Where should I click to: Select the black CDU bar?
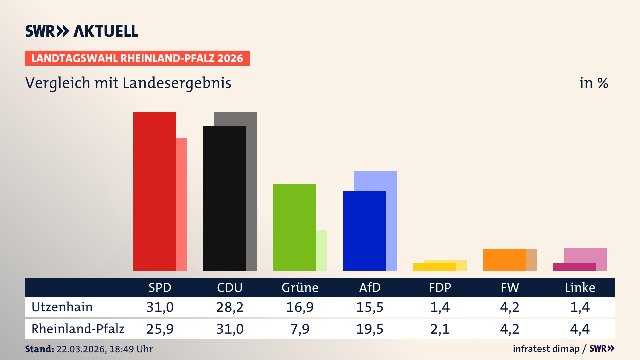point(224,198)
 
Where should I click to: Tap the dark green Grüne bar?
point(294,227)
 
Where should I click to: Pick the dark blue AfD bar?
point(364,231)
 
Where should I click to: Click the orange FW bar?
point(504,260)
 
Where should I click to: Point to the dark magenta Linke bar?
point(574,267)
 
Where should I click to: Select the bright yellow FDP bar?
point(434,267)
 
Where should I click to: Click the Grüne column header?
point(300,288)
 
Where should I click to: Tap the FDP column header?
point(440,288)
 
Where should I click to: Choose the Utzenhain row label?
point(62,307)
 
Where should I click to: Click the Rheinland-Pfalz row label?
point(78,329)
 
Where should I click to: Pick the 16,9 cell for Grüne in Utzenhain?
point(300,307)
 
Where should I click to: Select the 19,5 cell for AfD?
point(370,329)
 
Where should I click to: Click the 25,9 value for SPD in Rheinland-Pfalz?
point(160,329)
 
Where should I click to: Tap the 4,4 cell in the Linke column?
point(580,329)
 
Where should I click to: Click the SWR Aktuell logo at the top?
point(82,31)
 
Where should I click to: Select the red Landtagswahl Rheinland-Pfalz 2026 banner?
point(137,58)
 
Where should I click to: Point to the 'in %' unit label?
point(594,83)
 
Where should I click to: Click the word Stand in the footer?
point(39,349)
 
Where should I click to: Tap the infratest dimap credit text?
point(546,349)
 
